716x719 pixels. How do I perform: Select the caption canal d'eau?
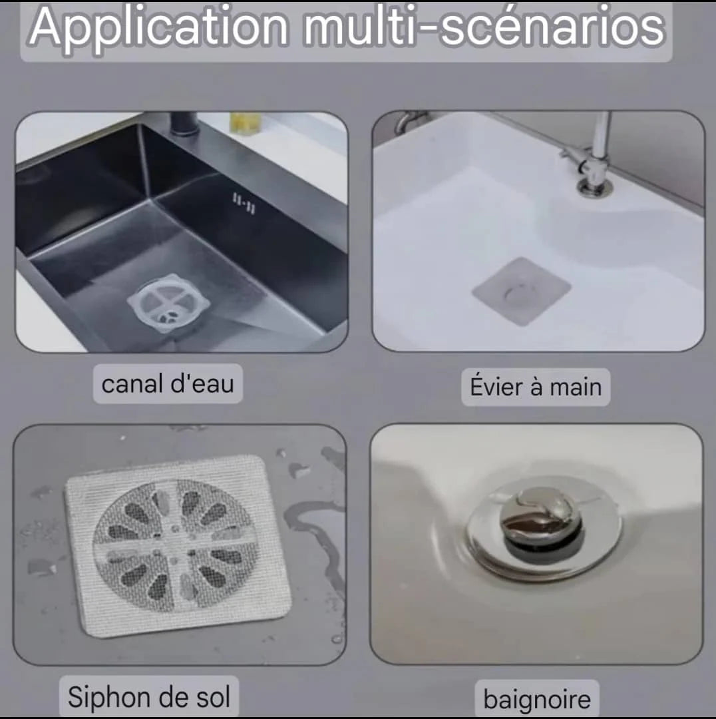[x=168, y=384]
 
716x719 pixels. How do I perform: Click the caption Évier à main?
[x=536, y=387]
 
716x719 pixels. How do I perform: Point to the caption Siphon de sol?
[x=149, y=697]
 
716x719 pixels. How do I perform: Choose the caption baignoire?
[x=537, y=700]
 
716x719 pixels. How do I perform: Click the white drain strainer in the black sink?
[x=168, y=304]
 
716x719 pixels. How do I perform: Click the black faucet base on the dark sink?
[x=184, y=124]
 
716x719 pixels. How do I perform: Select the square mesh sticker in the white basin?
[x=522, y=291]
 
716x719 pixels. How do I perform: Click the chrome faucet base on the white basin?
[x=594, y=186]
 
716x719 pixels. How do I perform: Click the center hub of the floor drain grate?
[x=174, y=545]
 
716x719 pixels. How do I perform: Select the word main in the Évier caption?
[x=576, y=387]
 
